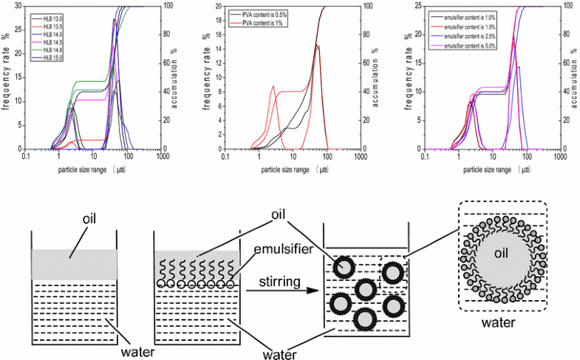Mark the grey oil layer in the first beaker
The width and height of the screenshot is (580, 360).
[74, 263]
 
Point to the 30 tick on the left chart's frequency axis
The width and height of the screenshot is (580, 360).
[18, 6]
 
